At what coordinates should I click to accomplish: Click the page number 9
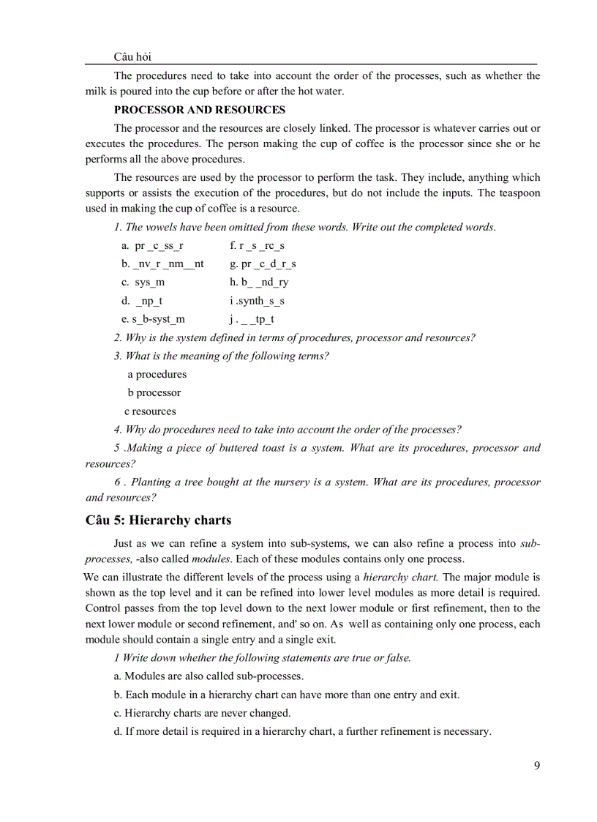[x=537, y=766]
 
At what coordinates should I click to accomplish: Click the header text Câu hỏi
[x=133, y=56]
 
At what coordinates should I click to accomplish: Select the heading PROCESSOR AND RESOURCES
[x=200, y=110]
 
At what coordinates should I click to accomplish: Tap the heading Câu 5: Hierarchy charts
[x=158, y=520]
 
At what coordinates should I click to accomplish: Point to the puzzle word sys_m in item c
[x=150, y=282]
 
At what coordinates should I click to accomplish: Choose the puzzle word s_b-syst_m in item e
[x=158, y=319]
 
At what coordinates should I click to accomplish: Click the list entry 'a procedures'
[x=157, y=374]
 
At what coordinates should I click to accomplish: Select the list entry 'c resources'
[x=150, y=411]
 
